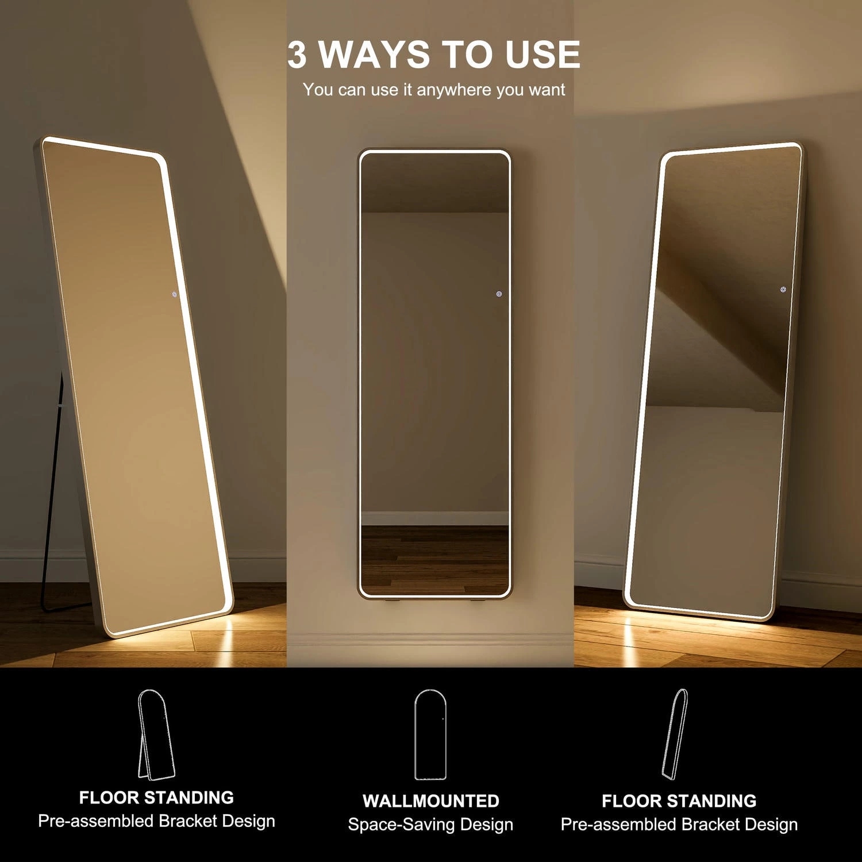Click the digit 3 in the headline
point(297,55)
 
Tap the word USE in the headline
point(542,55)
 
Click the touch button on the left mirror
point(175,294)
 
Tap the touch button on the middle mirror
point(499,294)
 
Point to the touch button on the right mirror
point(783,290)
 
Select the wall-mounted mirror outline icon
point(430,736)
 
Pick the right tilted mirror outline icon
point(676,734)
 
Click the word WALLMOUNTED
point(430,801)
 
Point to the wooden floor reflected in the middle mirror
point(434,560)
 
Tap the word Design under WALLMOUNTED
point(486,825)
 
